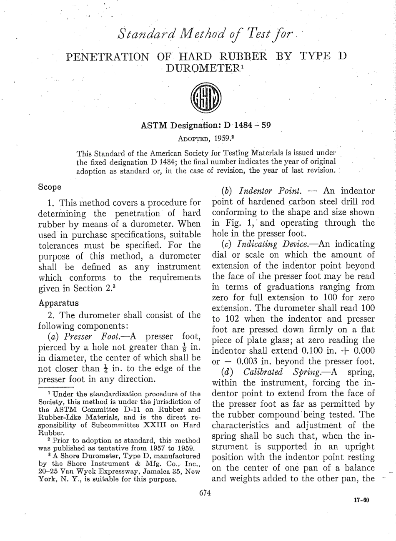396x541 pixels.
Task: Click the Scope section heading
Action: point(50,187)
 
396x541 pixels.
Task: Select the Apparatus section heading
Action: point(55,302)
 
